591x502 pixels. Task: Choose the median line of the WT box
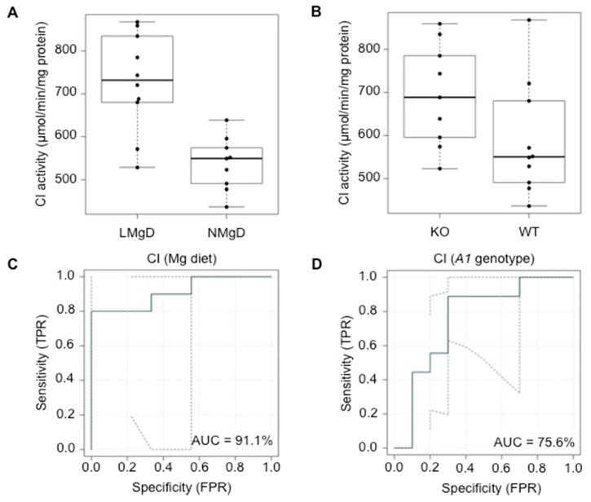[x=530, y=156]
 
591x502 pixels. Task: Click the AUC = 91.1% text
[x=231, y=440]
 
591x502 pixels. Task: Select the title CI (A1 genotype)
[x=483, y=262]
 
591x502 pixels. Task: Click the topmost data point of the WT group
[x=530, y=20]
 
